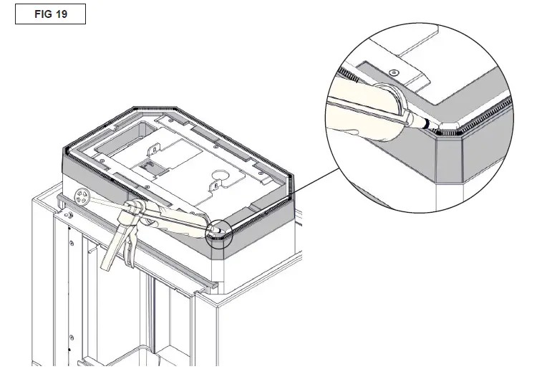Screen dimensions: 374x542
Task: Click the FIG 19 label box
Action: click(50, 14)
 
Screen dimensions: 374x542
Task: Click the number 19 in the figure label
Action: click(61, 14)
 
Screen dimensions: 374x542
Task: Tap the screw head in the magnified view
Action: click(394, 72)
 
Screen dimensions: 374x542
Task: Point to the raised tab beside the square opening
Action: click(152, 152)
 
